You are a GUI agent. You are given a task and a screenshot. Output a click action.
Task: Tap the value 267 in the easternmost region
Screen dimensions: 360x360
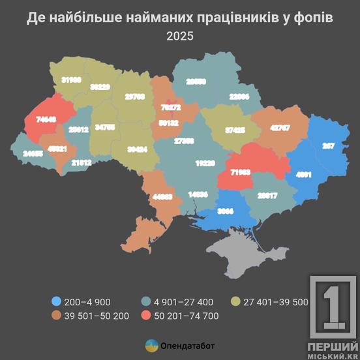(x=328, y=146)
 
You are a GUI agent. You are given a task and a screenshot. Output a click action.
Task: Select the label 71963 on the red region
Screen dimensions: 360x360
(x=240, y=173)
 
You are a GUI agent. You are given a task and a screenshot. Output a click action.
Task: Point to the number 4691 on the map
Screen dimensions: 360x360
(x=305, y=175)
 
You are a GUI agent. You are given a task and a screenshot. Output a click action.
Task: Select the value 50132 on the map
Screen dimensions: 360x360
(x=168, y=122)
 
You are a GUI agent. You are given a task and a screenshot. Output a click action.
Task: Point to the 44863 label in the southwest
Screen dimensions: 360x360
(x=163, y=196)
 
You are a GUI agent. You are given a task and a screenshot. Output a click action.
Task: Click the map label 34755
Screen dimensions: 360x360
(x=105, y=128)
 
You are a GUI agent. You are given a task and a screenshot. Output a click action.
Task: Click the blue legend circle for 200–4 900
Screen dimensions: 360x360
(x=56, y=301)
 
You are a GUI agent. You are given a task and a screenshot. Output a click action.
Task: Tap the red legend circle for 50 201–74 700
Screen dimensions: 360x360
(x=147, y=316)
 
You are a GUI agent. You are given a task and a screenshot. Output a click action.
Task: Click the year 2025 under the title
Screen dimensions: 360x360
(x=180, y=37)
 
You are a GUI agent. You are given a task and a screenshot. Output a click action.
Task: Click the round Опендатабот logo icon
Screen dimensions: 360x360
(x=151, y=345)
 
